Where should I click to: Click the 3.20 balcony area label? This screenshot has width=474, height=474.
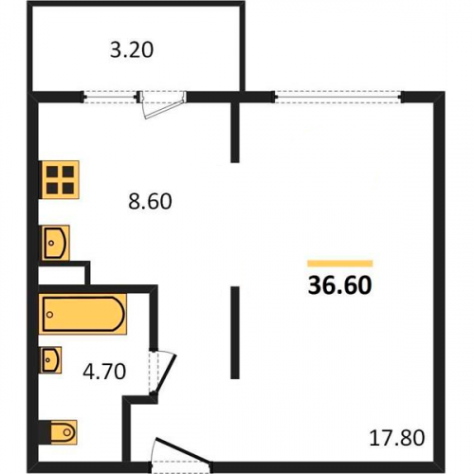click(132, 50)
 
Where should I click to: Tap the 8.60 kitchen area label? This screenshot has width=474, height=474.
click(150, 201)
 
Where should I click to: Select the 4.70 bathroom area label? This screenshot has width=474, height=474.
click(104, 372)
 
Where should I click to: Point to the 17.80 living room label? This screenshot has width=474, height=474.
click(397, 438)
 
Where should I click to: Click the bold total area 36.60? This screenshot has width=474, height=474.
click(340, 285)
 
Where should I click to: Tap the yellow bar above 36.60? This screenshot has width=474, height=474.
click(340, 264)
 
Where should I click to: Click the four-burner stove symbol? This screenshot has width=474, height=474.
click(59, 180)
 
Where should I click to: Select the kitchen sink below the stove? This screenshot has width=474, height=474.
click(54, 243)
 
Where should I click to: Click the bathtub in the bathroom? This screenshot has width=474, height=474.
click(82, 314)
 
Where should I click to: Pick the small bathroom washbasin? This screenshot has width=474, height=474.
click(50, 360)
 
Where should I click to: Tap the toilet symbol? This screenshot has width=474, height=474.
click(58, 432)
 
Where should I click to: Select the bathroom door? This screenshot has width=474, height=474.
click(162, 372)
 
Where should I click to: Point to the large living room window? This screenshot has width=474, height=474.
click(338, 97)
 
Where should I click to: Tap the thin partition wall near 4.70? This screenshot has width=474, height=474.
click(235, 333)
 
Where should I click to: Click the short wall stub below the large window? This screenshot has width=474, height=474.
click(235, 132)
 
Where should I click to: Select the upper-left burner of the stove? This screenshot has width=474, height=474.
click(52, 172)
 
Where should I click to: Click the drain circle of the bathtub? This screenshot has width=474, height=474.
click(49, 315)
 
